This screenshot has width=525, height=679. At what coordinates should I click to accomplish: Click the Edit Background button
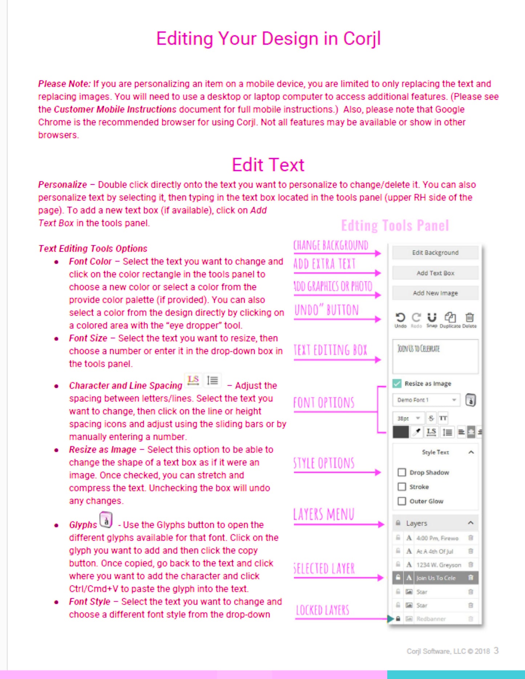[x=435, y=252]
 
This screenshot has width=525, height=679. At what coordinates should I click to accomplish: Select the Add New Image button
[x=435, y=293]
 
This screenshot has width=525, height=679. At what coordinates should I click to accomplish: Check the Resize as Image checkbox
[x=397, y=383]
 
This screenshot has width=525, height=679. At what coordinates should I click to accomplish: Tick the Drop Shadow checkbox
[x=402, y=472]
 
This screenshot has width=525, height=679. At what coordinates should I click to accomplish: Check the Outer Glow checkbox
[x=402, y=501]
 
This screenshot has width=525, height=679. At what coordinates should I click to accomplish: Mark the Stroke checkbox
[x=402, y=487]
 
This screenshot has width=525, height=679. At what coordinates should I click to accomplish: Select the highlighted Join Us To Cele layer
[x=436, y=578]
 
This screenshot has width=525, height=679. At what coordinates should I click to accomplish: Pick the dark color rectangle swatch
[x=401, y=432]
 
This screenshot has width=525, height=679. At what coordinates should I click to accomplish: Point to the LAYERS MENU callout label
[x=323, y=515]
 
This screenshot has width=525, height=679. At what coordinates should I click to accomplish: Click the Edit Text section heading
[x=268, y=165]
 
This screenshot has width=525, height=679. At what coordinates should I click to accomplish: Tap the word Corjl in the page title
[x=362, y=38]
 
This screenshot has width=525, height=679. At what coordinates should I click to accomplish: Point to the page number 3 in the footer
[x=496, y=650]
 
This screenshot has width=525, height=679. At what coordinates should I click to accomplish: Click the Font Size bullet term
[x=88, y=338]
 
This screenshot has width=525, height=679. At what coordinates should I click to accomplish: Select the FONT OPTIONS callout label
[x=324, y=403]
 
